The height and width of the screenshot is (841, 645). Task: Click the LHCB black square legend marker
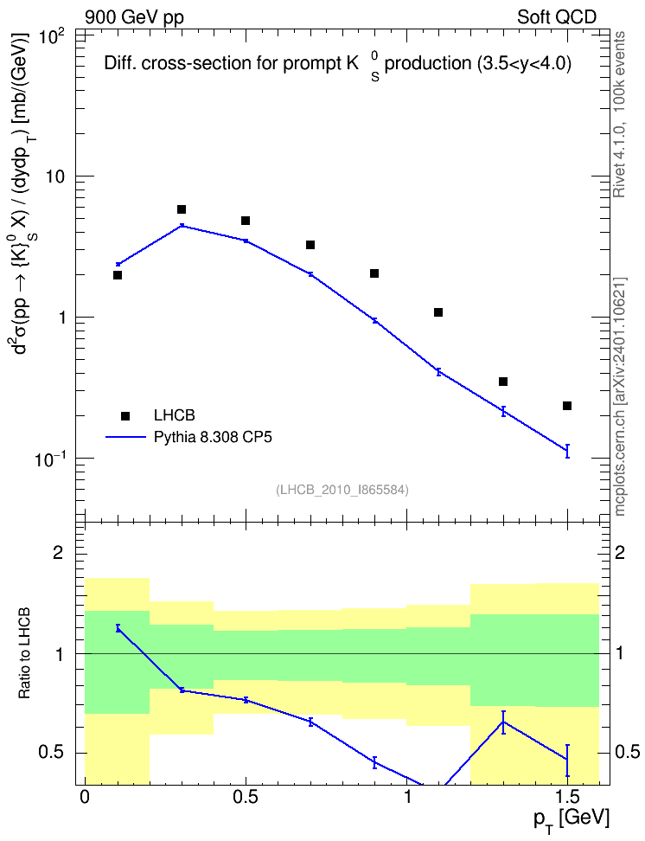tap(125, 415)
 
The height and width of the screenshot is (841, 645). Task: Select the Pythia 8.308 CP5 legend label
tap(213, 437)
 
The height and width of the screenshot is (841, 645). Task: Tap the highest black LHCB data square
tap(182, 209)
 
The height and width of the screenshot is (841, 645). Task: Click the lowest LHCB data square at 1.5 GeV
tap(567, 406)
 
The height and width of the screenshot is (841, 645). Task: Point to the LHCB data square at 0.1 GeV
tap(118, 275)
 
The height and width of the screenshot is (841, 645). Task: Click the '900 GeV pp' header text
tap(134, 17)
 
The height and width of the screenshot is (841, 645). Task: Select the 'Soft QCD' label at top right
tap(557, 17)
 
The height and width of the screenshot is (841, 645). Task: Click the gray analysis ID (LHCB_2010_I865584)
tap(342, 490)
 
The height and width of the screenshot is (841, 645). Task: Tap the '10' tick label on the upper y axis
tap(54, 177)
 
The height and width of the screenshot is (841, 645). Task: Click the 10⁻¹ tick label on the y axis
tap(51, 459)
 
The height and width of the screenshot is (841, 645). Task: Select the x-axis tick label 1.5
tap(568, 797)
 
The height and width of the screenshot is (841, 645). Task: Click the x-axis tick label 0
tap(85, 797)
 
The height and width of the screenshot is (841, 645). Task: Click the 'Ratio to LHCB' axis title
tap(24, 653)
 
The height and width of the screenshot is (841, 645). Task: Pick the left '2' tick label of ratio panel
tap(58, 552)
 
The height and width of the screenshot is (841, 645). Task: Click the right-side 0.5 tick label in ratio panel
tap(628, 752)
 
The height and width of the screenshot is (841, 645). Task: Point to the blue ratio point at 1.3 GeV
tap(503, 722)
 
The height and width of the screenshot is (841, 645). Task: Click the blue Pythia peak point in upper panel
tap(182, 226)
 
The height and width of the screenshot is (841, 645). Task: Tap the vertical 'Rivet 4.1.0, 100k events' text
tap(619, 114)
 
